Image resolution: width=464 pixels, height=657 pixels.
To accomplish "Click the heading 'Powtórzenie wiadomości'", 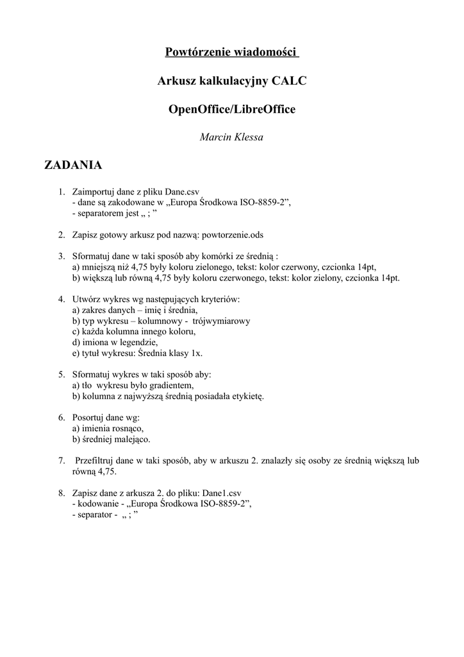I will click(x=231, y=52).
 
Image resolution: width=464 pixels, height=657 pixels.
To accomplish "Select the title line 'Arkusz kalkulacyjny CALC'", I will click(x=231, y=81).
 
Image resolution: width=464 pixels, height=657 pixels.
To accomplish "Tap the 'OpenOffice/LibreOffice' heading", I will click(x=231, y=109).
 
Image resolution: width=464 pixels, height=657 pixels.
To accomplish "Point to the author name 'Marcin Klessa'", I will click(x=231, y=137).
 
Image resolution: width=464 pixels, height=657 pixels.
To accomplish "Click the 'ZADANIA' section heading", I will click(x=72, y=166).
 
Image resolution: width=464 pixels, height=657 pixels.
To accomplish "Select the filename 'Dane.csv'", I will click(x=183, y=191).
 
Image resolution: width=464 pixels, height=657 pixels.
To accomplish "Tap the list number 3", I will click(x=62, y=257).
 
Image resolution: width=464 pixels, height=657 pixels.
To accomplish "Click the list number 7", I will click(x=62, y=461).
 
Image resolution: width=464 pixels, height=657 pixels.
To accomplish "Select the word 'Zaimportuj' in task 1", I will click(x=94, y=191).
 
